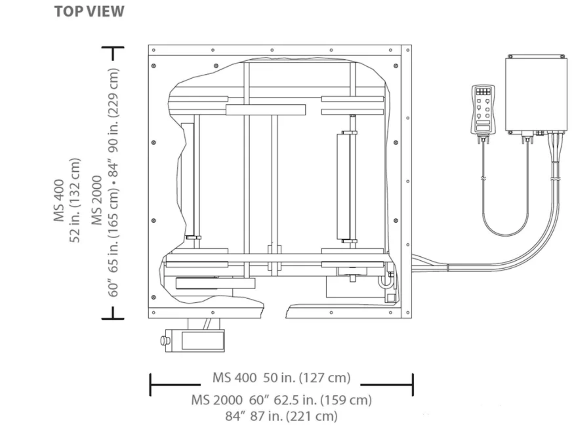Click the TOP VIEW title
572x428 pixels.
[89, 12]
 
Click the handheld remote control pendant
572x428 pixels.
[483, 113]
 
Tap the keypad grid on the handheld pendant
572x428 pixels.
[483, 92]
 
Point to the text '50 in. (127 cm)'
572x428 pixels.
[307, 378]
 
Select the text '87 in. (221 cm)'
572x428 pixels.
[294, 416]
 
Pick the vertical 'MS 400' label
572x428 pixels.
[59, 200]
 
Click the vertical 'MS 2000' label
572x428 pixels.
[97, 200]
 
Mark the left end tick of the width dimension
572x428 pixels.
[150, 385]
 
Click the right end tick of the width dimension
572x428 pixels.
[413, 385]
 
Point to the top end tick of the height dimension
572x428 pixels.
[113, 47]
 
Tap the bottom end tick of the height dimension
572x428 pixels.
[113, 319]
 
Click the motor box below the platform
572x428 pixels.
[195, 341]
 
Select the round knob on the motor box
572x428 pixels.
[165, 341]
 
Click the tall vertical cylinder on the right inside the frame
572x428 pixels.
[343, 186]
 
